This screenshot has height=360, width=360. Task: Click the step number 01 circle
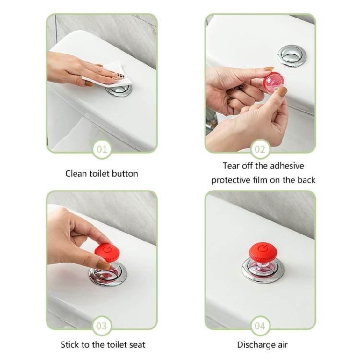[102, 149]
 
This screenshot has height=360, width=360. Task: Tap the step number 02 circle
[260, 149]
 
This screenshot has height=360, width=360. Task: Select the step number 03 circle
[102, 326]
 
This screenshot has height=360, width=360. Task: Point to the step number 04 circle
[260, 326]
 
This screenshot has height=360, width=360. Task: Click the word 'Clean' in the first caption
[76, 173]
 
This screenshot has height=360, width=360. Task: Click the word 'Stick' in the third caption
[70, 344]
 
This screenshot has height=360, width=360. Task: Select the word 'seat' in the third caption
[136, 344]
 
